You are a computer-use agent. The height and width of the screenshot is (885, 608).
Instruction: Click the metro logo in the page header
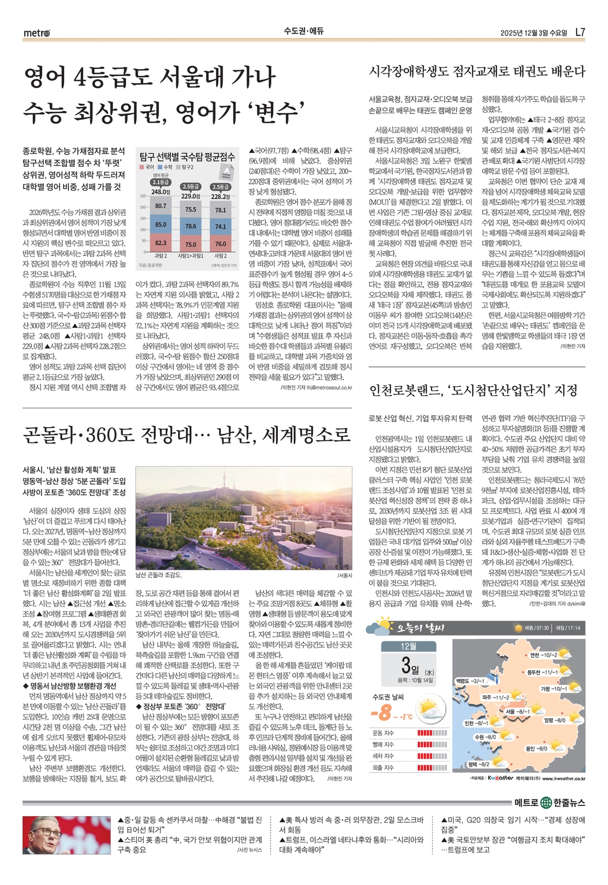37,32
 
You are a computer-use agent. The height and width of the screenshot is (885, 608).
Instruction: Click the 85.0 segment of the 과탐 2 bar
160,225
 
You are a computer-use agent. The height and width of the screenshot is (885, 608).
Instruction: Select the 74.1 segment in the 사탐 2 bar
220,226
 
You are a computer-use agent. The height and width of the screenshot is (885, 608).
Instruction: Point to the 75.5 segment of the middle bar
190,209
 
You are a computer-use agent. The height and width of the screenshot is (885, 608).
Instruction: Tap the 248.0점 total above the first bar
160,191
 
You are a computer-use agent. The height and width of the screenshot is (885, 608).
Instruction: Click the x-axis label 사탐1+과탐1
190,255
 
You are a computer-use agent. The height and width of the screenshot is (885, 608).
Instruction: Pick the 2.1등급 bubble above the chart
160,182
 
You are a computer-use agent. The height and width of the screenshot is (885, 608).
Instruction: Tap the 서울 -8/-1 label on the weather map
518,711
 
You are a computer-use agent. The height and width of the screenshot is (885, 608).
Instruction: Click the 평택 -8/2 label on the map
479,764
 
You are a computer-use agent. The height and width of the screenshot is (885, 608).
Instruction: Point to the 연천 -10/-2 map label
543,655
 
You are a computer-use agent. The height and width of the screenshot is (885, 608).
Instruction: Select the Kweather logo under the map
500,777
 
